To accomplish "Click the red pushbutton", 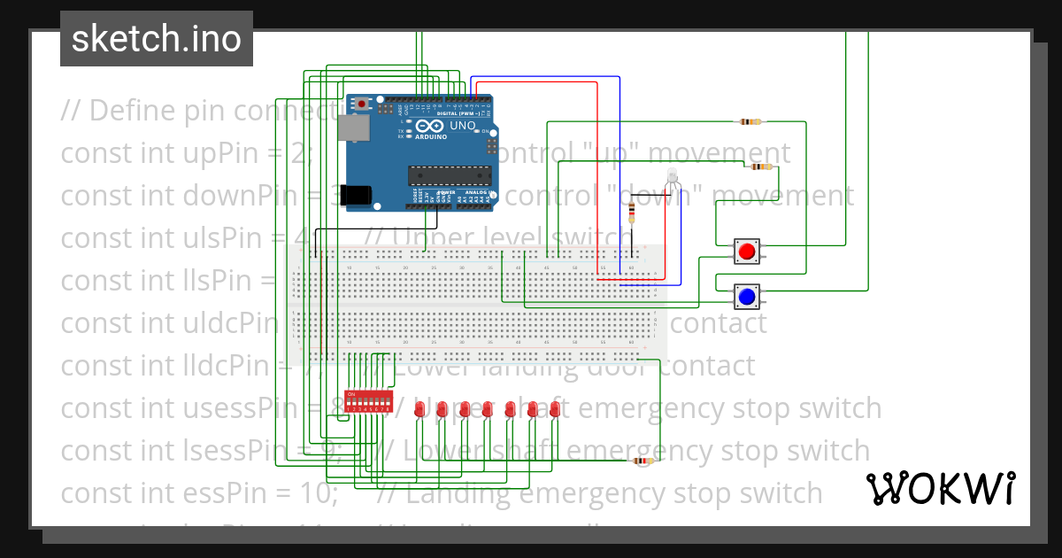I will (747, 252).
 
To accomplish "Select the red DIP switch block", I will (368, 402).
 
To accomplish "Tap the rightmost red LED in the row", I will (555, 409).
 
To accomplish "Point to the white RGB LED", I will (673, 175).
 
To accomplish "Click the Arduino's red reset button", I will (362, 105).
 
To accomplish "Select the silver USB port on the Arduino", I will (354, 130).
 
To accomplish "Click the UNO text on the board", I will (463, 127).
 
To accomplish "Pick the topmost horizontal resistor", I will (751, 121).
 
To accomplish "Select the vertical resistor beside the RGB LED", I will (631, 213).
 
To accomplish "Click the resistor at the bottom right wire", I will (643, 461).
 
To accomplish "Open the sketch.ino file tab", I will (157, 39).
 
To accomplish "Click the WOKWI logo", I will (940, 488).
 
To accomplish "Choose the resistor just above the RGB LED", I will (760, 167).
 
